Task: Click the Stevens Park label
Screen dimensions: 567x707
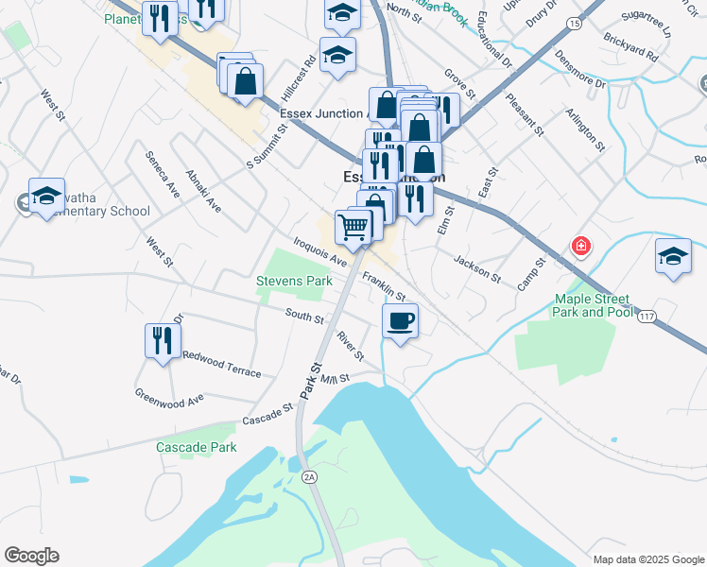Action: [294, 282]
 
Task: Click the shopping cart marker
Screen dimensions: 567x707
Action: [353, 225]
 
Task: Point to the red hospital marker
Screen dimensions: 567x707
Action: [580, 248]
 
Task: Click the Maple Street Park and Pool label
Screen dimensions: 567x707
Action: [593, 306]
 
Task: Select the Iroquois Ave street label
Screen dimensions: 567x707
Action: [320, 250]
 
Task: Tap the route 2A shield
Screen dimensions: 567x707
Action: [309, 478]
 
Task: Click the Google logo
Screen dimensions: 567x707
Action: [31, 556]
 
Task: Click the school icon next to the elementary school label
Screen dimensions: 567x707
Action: [46, 196]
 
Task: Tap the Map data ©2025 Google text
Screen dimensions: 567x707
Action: [647, 558]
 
